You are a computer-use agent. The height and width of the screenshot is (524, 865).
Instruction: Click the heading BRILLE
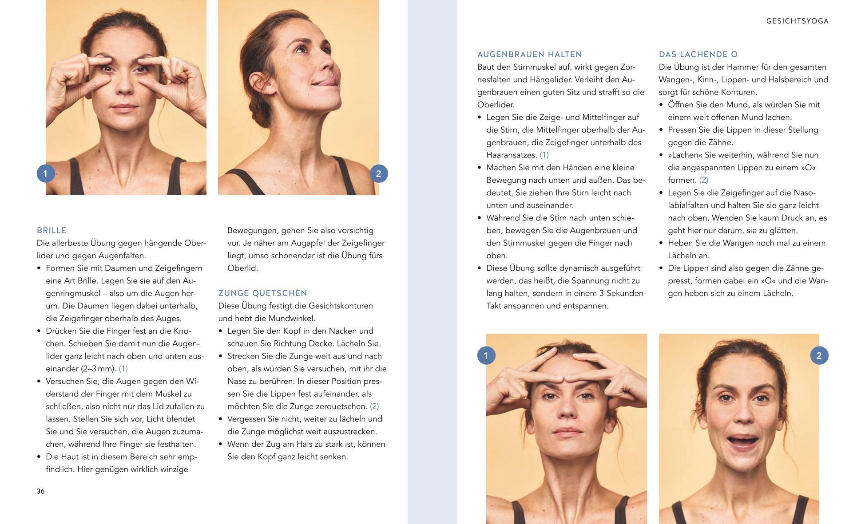52,230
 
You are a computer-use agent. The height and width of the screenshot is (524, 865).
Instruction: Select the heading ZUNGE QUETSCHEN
263,293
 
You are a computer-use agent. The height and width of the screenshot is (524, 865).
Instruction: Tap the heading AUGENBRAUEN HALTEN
530,55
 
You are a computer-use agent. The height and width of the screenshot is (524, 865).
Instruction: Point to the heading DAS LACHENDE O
698,55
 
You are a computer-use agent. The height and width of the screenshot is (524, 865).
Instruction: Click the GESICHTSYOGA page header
798,21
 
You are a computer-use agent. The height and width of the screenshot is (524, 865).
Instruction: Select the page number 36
41,491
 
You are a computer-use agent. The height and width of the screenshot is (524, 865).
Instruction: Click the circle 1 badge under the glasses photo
46,173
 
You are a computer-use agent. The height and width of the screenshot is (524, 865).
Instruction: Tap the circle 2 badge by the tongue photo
379,173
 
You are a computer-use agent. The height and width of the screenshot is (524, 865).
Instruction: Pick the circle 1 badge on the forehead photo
486,355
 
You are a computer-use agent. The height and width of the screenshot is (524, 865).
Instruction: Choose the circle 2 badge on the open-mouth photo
819,355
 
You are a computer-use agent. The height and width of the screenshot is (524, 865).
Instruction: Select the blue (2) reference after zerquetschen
374,406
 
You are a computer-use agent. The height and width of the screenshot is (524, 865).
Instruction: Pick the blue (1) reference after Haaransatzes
544,155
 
